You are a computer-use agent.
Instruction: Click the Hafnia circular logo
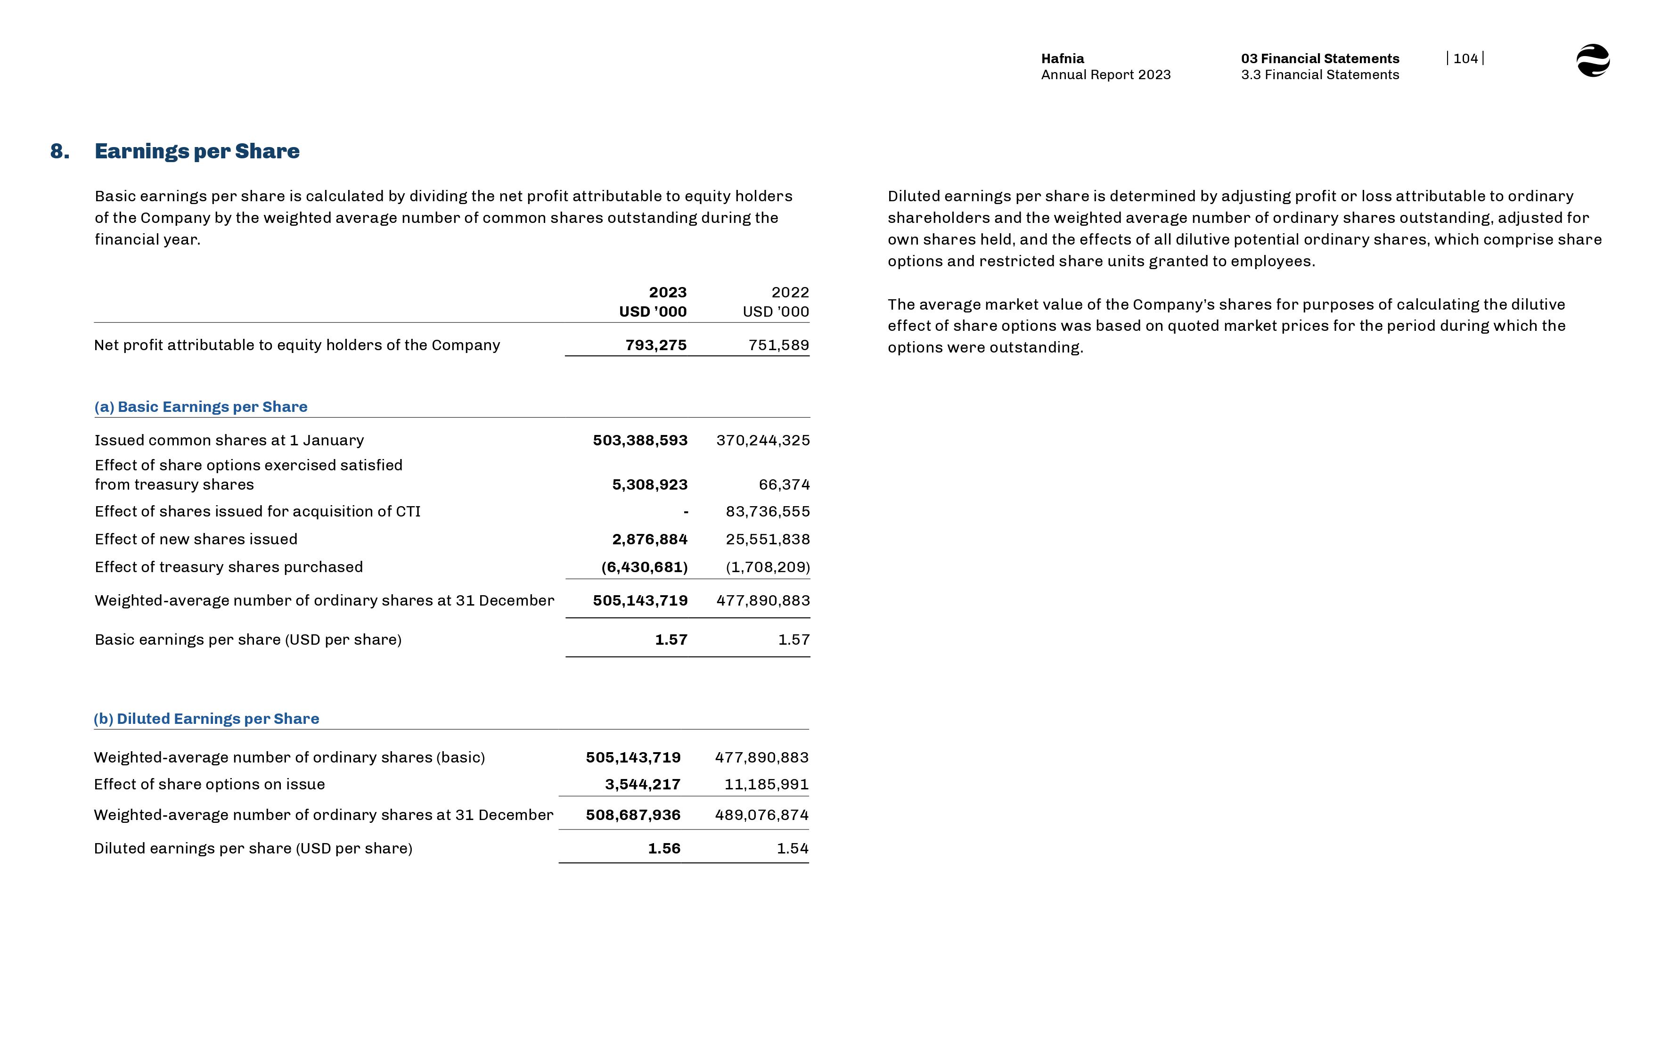tap(1593, 60)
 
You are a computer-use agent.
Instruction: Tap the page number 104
tap(1465, 58)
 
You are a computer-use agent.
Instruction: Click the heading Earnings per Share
tap(196, 151)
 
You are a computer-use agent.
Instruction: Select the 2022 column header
tap(790, 293)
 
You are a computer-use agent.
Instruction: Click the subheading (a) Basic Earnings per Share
tap(201, 407)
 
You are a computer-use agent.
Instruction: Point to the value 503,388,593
tap(639, 440)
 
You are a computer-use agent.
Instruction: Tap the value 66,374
tap(784, 485)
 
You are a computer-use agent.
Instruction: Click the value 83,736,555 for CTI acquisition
tap(767, 512)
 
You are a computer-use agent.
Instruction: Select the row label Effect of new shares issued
tap(196, 539)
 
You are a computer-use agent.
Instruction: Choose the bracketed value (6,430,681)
tap(644, 567)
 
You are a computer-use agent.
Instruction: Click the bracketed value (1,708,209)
tap(767, 567)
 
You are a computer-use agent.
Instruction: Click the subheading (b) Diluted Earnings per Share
tap(206, 719)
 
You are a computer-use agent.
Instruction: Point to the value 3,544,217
tap(642, 785)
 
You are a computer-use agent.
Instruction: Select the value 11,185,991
tap(766, 785)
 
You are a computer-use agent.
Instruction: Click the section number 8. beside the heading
tap(60, 151)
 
